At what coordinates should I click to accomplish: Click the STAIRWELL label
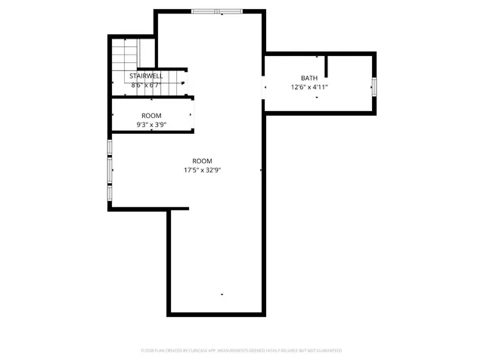point(146,76)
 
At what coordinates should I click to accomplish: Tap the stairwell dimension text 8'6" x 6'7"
point(146,85)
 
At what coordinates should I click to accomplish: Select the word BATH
point(309,78)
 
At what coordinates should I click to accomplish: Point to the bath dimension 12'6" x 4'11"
point(309,87)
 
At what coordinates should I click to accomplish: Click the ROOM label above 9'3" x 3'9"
point(151,115)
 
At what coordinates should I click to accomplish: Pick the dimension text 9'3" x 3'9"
point(151,124)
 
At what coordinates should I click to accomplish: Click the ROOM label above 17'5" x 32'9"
point(202,161)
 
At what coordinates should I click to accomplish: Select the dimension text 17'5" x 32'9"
point(202,170)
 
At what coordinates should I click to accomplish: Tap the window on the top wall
point(217,11)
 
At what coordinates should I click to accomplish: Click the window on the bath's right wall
point(373,87)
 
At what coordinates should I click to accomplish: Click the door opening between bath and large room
point(264,87)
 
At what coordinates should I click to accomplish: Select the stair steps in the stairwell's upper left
point(124,54)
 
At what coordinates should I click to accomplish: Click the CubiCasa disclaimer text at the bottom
point(242,351)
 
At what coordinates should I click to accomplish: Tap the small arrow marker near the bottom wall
point(222,293)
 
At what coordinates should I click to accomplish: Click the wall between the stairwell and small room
point(151,96)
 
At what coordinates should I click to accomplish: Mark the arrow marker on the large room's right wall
point(261,170)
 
